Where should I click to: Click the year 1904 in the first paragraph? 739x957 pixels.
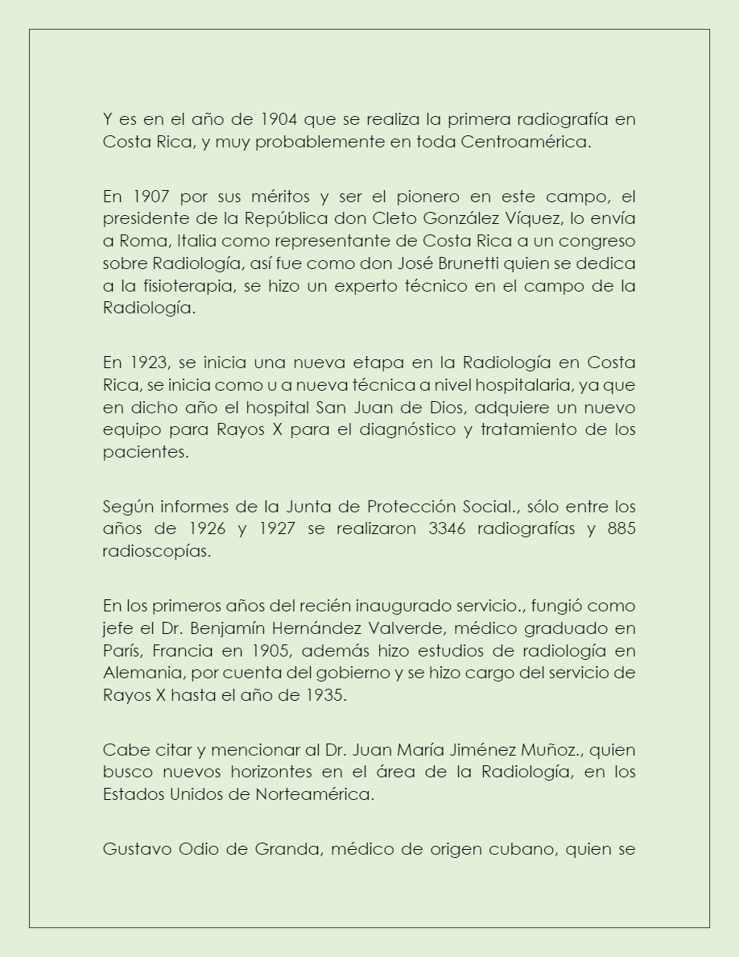(x=280, y=120)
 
